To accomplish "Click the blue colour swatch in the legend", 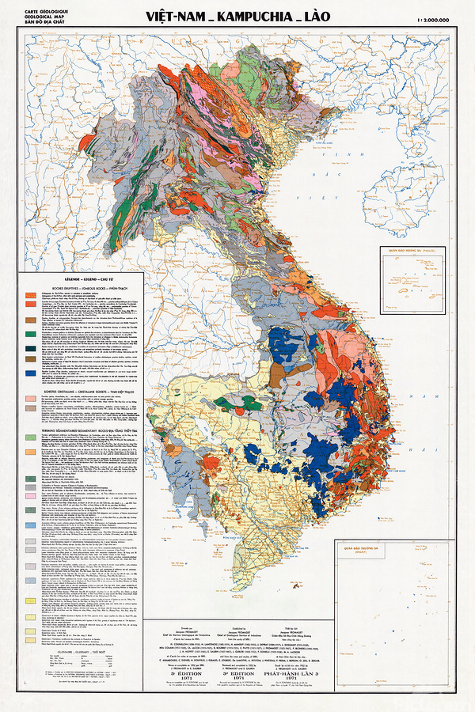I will pyautogui.click(x=32, y=373).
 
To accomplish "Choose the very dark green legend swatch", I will pyautogui.click(x=32, y=479).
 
